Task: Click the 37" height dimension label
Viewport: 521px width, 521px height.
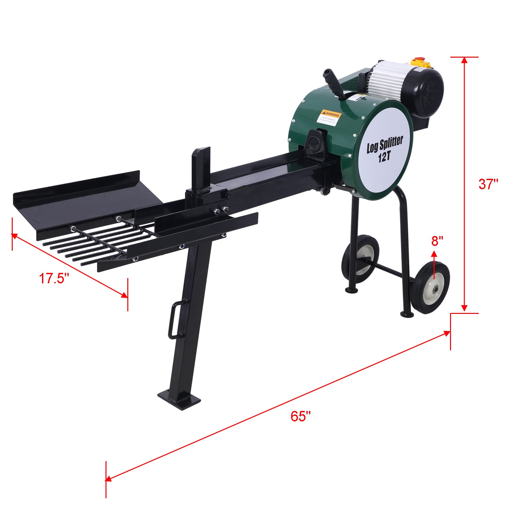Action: [x=488, y=184]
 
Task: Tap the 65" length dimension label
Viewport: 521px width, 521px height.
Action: [x=300, y=416]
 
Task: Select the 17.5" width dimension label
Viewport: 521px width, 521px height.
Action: [x=54, y=279]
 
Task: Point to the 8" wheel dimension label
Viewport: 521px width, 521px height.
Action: [x=437, y=241]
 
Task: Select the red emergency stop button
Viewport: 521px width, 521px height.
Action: [x=421, y=63]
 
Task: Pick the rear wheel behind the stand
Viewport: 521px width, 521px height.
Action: [x=361, y=256]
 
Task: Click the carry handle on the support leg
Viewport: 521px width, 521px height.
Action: [x=176, y=319]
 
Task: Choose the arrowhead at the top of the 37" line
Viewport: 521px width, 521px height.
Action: [x=464, y=61]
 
